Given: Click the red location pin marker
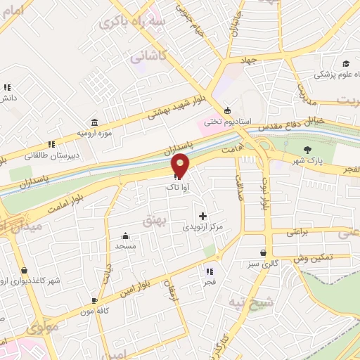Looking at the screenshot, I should pos(181,165).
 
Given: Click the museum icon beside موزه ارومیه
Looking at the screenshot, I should pos(95,122).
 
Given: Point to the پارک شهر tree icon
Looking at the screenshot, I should pos(307,150).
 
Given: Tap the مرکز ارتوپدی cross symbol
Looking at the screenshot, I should pos(203,217).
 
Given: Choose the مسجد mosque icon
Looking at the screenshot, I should pos(125,236).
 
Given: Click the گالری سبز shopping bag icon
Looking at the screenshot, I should pos(263,253).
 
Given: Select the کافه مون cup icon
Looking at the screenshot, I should pos(94,300).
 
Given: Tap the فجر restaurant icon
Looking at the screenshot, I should pos(209,271).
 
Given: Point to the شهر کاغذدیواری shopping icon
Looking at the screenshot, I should pos(25,271).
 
